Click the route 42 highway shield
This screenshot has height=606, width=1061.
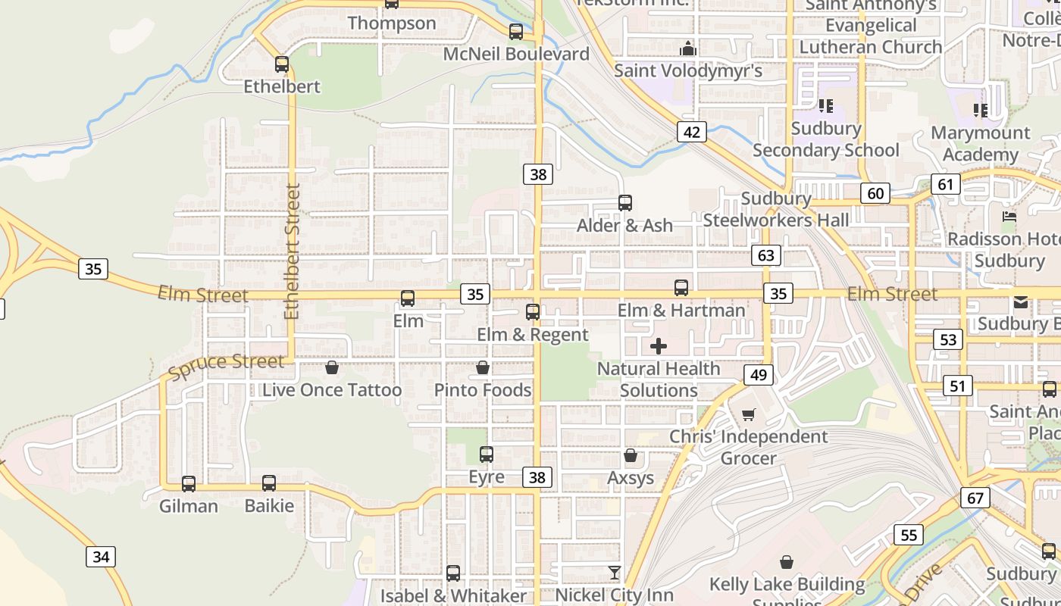tap(691, 132)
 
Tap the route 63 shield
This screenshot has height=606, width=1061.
tap(766, 255)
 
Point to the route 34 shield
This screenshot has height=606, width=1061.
tap(101, 557)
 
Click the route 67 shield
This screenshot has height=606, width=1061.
tap(975, 498)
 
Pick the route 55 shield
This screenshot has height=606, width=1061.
tap(908, 535)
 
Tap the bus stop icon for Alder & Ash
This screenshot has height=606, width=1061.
tap(624, 203)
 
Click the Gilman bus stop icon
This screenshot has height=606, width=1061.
tap(189, 483)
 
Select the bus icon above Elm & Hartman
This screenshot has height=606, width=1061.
tap(681, 288)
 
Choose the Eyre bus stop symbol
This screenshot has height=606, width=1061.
tap(487, 454)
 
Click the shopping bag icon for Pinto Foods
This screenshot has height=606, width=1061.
tap(483, 368)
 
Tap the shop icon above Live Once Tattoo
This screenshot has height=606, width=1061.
tap(331, 368)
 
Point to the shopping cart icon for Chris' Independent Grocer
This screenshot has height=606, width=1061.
tap(748, 414)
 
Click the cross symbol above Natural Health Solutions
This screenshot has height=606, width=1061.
tap(659, 346)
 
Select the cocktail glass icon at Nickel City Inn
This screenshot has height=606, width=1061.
tap(614, 572)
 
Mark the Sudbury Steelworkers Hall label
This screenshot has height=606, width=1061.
tap(776, 209)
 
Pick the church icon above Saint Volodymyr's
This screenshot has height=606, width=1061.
tap(688, 49)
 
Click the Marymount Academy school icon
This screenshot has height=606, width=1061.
tap(981, 111)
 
